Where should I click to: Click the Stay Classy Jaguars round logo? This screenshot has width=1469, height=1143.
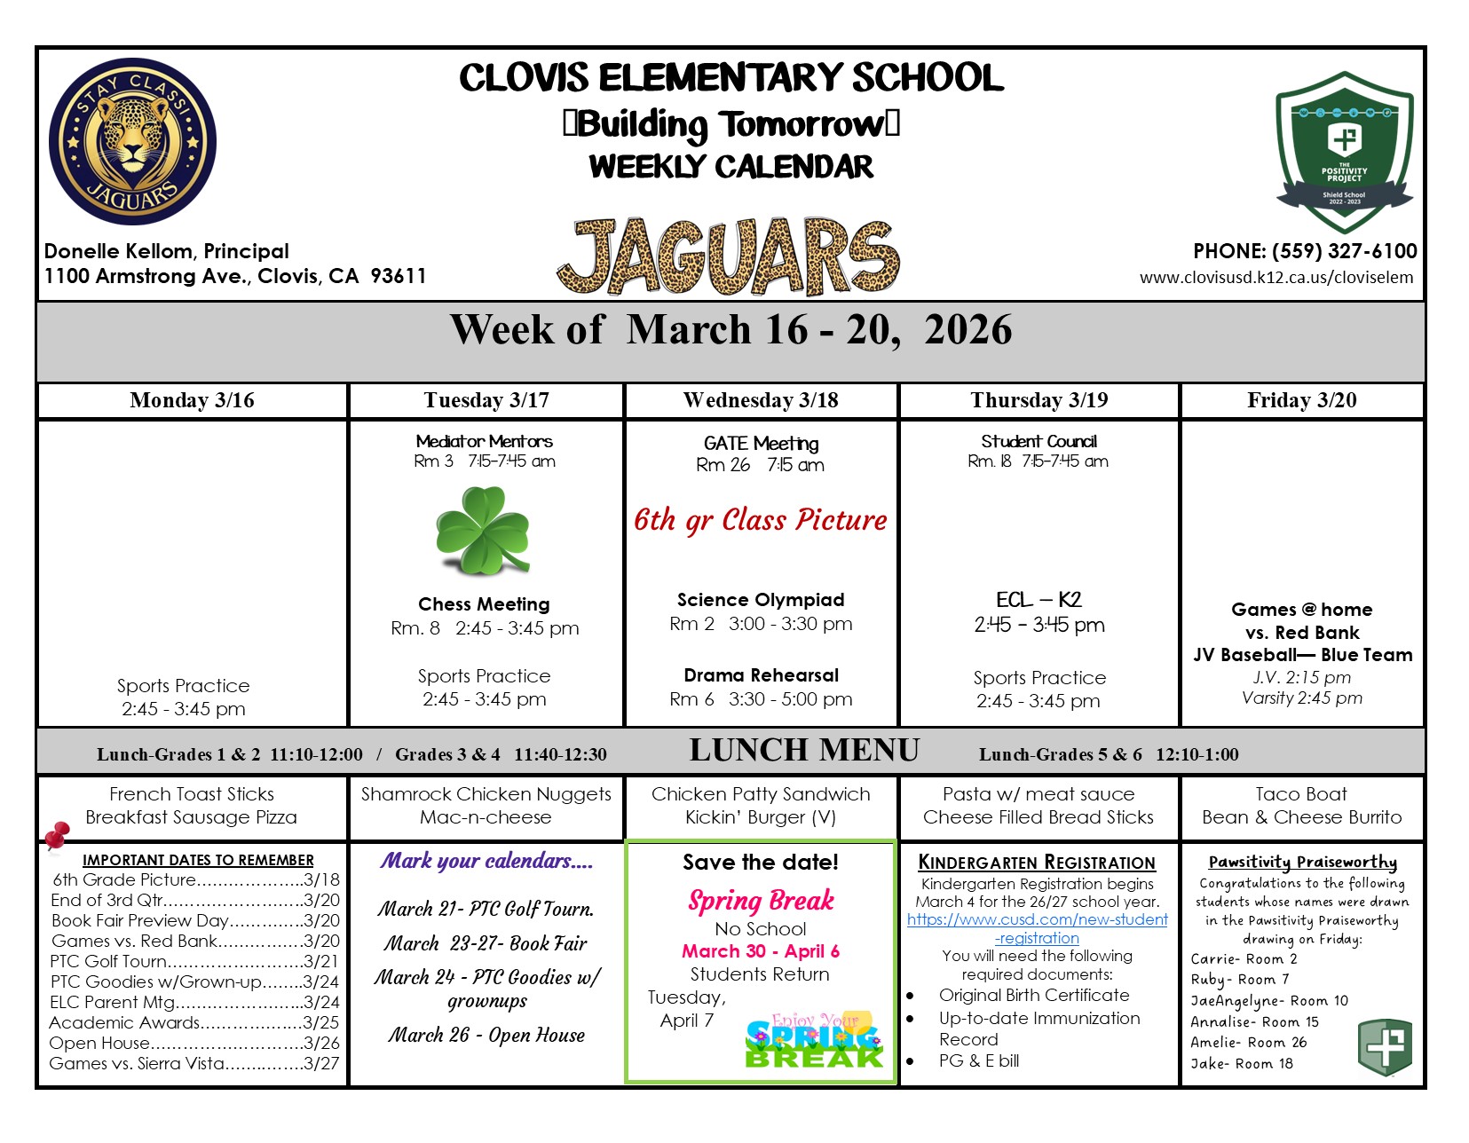click(132, 142)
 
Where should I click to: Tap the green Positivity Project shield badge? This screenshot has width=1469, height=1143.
click(1344, 152)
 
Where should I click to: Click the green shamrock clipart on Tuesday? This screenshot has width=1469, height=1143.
click(482, 530)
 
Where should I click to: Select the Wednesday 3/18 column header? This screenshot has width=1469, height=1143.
click(761, 400)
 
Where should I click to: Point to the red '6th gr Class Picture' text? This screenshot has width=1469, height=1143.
click(761, 520)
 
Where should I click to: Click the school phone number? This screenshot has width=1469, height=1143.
click(1305, 251)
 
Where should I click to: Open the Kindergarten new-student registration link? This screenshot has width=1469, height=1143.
click(1037, 928)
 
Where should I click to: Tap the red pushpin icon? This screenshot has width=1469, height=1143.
click(57, 834)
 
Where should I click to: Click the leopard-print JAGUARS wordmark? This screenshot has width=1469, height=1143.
click(729, 256)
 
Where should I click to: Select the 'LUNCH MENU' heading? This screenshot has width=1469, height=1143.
click(804, 751)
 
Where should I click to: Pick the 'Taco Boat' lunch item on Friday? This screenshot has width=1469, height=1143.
click(1300, 794)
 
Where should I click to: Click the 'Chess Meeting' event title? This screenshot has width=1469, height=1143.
click(484, 604)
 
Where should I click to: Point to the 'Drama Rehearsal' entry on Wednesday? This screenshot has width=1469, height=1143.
click(761, 675)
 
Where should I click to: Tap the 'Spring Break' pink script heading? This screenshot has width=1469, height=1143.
click(761, 901)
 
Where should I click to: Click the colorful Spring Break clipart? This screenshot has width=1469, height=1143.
click(814, 1042)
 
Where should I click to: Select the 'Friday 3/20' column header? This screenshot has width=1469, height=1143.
click(1301, 400)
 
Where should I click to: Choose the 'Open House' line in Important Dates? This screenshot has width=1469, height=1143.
click(194, 1043)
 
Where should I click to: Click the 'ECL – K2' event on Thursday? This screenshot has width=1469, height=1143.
click(1039, 600)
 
